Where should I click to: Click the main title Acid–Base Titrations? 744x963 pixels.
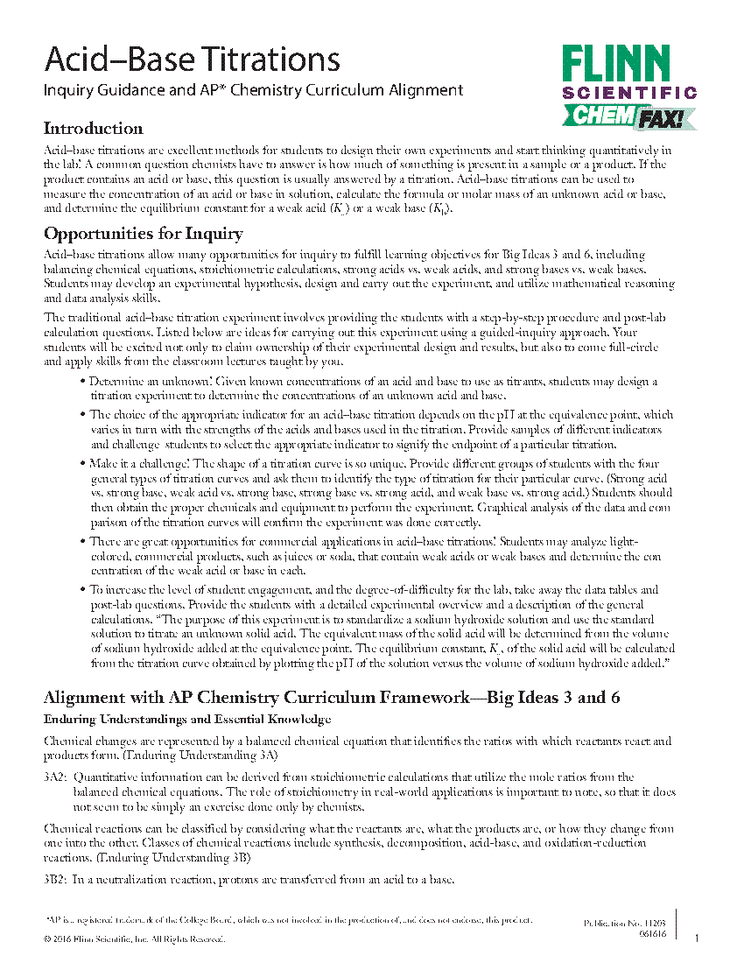tap(192, 60)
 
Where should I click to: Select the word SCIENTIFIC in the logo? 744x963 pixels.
tap(629, 93)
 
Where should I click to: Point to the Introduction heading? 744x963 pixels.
tap(93, 129)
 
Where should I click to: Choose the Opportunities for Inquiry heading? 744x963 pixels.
tap(144, 234)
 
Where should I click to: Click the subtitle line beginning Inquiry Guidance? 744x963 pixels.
tap(253, 89)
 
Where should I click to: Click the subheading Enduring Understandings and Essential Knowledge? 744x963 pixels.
tap(187, 719)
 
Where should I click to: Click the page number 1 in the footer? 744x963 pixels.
tap(697, 939)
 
